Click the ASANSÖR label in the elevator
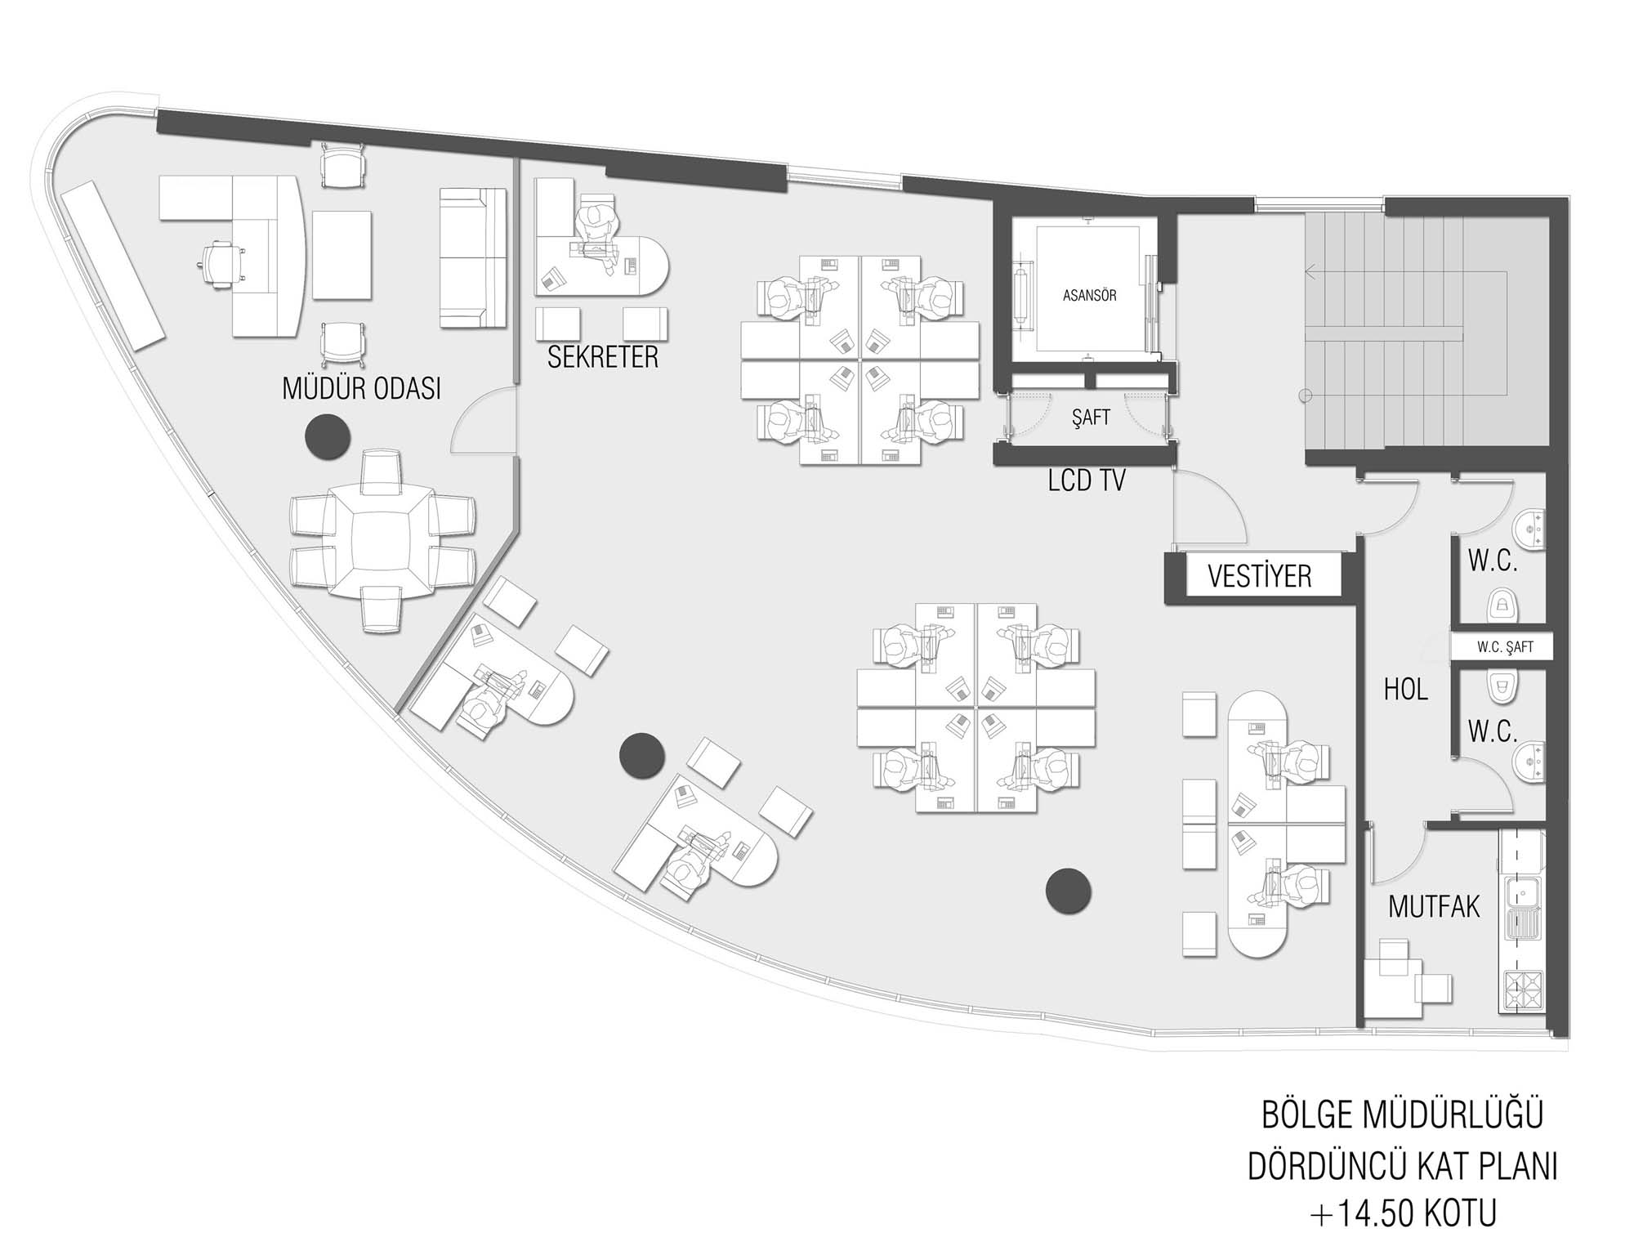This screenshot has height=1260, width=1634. pyautogui.click(x=1089, y=296)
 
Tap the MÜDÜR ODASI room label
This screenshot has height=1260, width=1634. pyautogui.click(x=361, y=388)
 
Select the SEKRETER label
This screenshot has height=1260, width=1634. pyautogui.click(x=603, y=357)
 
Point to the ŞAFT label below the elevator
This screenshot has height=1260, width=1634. pyautogui.click(x=1091, y=418)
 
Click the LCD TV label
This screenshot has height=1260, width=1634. pyautogui.click(x=1087, y=480)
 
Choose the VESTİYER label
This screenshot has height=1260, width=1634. pyautogui.click(x=1260, y=577)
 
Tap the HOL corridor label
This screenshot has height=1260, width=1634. pyautogui.click(x=1406, y=690)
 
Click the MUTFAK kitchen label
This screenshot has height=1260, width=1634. pyautogui.click(x=1434, y=906)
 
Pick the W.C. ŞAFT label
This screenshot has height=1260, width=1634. pyautogui.click(x=1505, y=647)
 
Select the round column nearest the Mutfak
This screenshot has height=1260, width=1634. pyautogui.click(x=1068, y=891)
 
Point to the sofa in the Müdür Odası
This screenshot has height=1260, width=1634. pyautogui.click(x=473, y=258)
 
